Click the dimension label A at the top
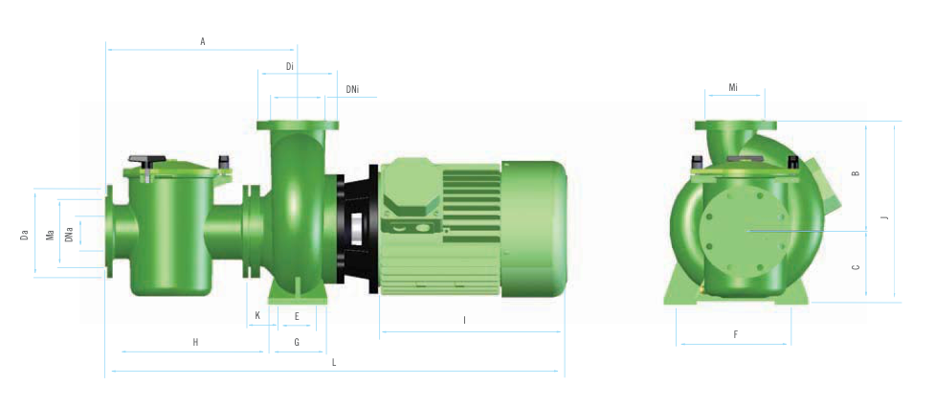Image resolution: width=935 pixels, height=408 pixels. pyautogui.click(x=203, y=42)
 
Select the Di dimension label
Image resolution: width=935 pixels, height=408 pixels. pyautogui.click(x=290, y=66)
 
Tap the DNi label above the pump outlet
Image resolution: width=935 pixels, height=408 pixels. pyautogui.click(x=352, y=90)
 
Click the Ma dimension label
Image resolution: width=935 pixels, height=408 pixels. pyautogui.click(x=50, y=235)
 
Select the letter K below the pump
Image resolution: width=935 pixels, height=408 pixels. pyautogui.click(x=257, y=315)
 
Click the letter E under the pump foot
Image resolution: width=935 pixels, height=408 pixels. pyautogui.click(x=297, y=316)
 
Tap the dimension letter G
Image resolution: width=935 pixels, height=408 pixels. pyautogui.click(x=297, y=342)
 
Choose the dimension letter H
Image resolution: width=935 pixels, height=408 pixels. pyautogui.click(x=195, y=342)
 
